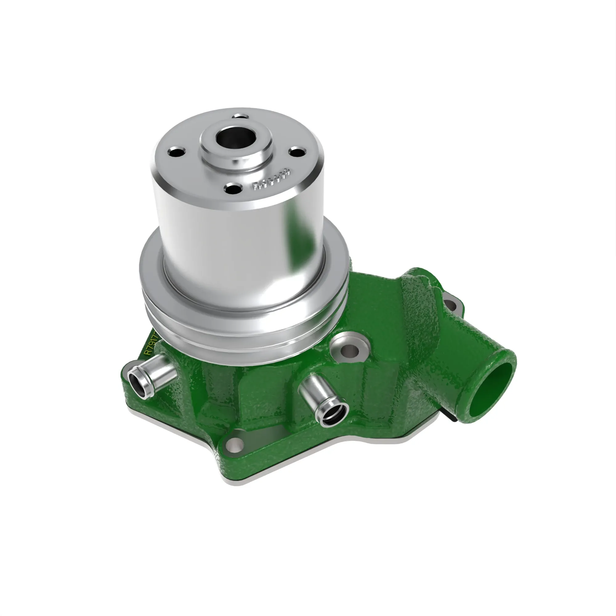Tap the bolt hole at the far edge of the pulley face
point(240,116)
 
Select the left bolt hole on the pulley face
point(176,152)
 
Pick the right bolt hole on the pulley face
point(297,152)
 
